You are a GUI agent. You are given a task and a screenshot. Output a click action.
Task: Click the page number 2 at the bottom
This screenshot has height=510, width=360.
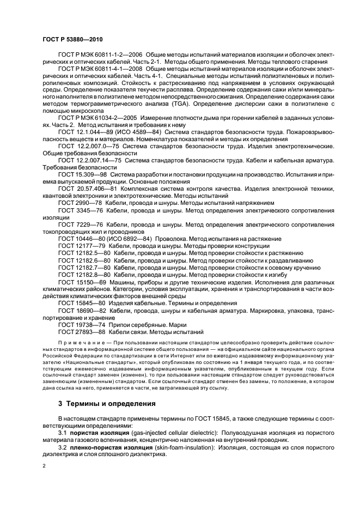coord(45,466)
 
